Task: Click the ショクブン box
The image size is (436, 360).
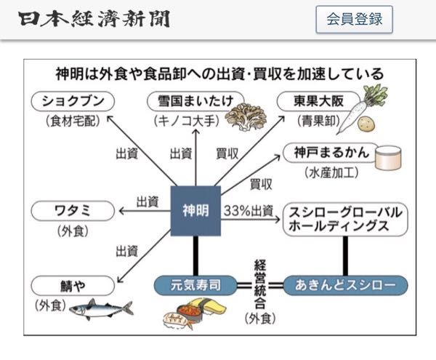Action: point(71,100)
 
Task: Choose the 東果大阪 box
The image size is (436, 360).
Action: point(310,100)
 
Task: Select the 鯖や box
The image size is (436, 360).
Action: point(71,284)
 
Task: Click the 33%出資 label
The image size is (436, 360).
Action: point(249,211)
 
